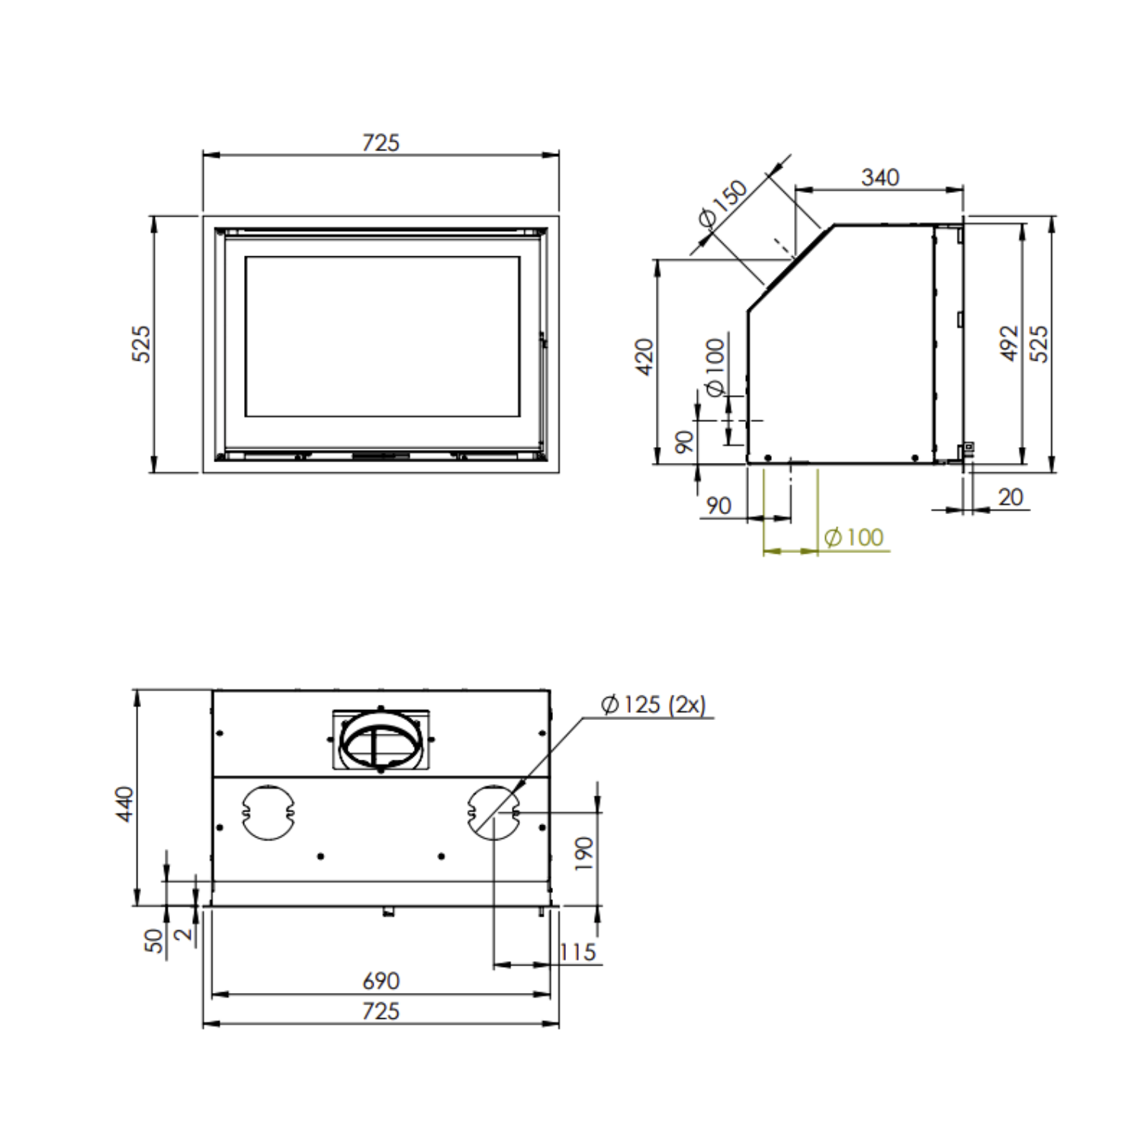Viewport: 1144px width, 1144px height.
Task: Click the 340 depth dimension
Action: point(880,178)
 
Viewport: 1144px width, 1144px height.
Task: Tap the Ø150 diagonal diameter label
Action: point(723,204)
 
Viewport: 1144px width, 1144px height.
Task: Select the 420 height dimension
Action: point(644,357)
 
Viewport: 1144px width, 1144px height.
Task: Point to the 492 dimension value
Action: point(1009,343)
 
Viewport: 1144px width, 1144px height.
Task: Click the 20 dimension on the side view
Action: point(1011,497)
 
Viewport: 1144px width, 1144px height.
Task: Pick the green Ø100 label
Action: point(854,538)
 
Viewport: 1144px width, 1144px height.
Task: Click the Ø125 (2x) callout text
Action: point(654,705)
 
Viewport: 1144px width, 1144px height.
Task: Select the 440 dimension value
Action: point(124,805)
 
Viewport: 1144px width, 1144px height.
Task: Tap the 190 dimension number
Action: point(583,854)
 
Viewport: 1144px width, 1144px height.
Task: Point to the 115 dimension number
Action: point(577,953)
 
